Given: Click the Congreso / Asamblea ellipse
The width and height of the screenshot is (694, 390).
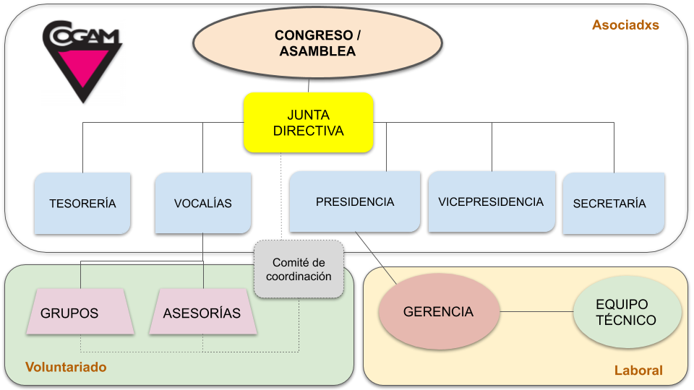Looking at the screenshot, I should coord(317,43).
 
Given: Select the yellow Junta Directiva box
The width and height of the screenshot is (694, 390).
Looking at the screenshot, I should coord(308,122).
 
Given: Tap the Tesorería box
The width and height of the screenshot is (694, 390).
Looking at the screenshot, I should coord(82,203).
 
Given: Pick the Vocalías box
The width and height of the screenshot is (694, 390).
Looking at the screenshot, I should coord(203,203).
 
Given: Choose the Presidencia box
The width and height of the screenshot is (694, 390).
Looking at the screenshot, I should coord(355,201).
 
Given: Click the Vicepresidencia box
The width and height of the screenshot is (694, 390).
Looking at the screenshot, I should coord(491,201).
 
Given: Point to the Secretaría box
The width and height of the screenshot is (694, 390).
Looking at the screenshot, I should coord(613,203).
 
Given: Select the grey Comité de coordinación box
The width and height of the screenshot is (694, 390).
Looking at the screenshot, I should coord(299,269).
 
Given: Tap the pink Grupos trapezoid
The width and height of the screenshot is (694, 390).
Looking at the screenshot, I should coord(69,313).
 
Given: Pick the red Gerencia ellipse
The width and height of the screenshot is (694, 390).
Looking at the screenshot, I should coord(439,312).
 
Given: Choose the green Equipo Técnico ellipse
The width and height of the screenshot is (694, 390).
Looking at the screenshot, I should coord(627,312).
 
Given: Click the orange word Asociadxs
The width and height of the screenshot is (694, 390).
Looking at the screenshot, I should coord(625,25).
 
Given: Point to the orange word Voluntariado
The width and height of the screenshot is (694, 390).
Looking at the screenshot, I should coord(66,367).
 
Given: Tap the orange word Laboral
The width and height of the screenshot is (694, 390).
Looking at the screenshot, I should coord(638,370).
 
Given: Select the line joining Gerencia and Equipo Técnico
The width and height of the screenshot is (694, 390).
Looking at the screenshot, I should coord(536,312).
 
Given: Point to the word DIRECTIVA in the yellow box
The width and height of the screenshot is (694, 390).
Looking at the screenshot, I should coord(309,131).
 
